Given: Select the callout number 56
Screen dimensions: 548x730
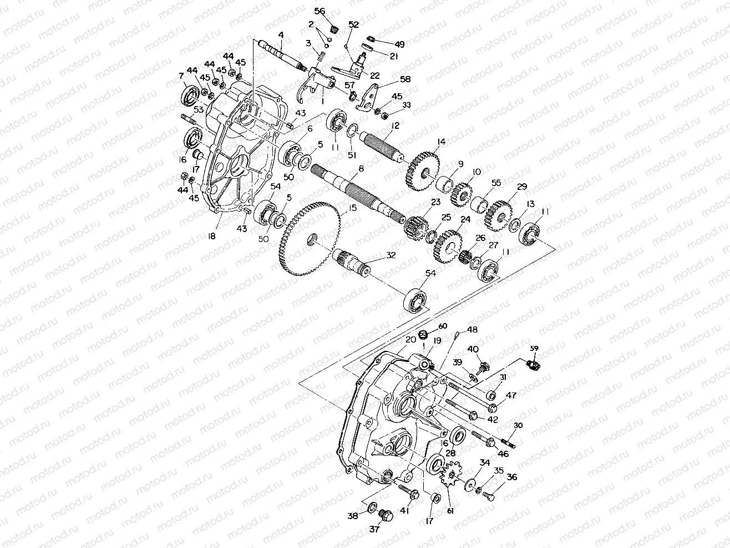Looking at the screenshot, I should pyautogui.click(x=320, y=12).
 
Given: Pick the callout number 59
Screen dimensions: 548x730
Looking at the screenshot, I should pyautogui.click(x=535, y=349).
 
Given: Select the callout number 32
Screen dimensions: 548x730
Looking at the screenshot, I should pyautogui.click(x=391, y=255).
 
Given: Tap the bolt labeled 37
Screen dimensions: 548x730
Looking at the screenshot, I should pyautogui.click(x=384, y=516).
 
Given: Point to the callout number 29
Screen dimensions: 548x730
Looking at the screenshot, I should pyautogui.click(x=521, y=187).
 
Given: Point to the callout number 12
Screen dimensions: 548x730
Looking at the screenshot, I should pyautogui.click(x=394, y=125).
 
